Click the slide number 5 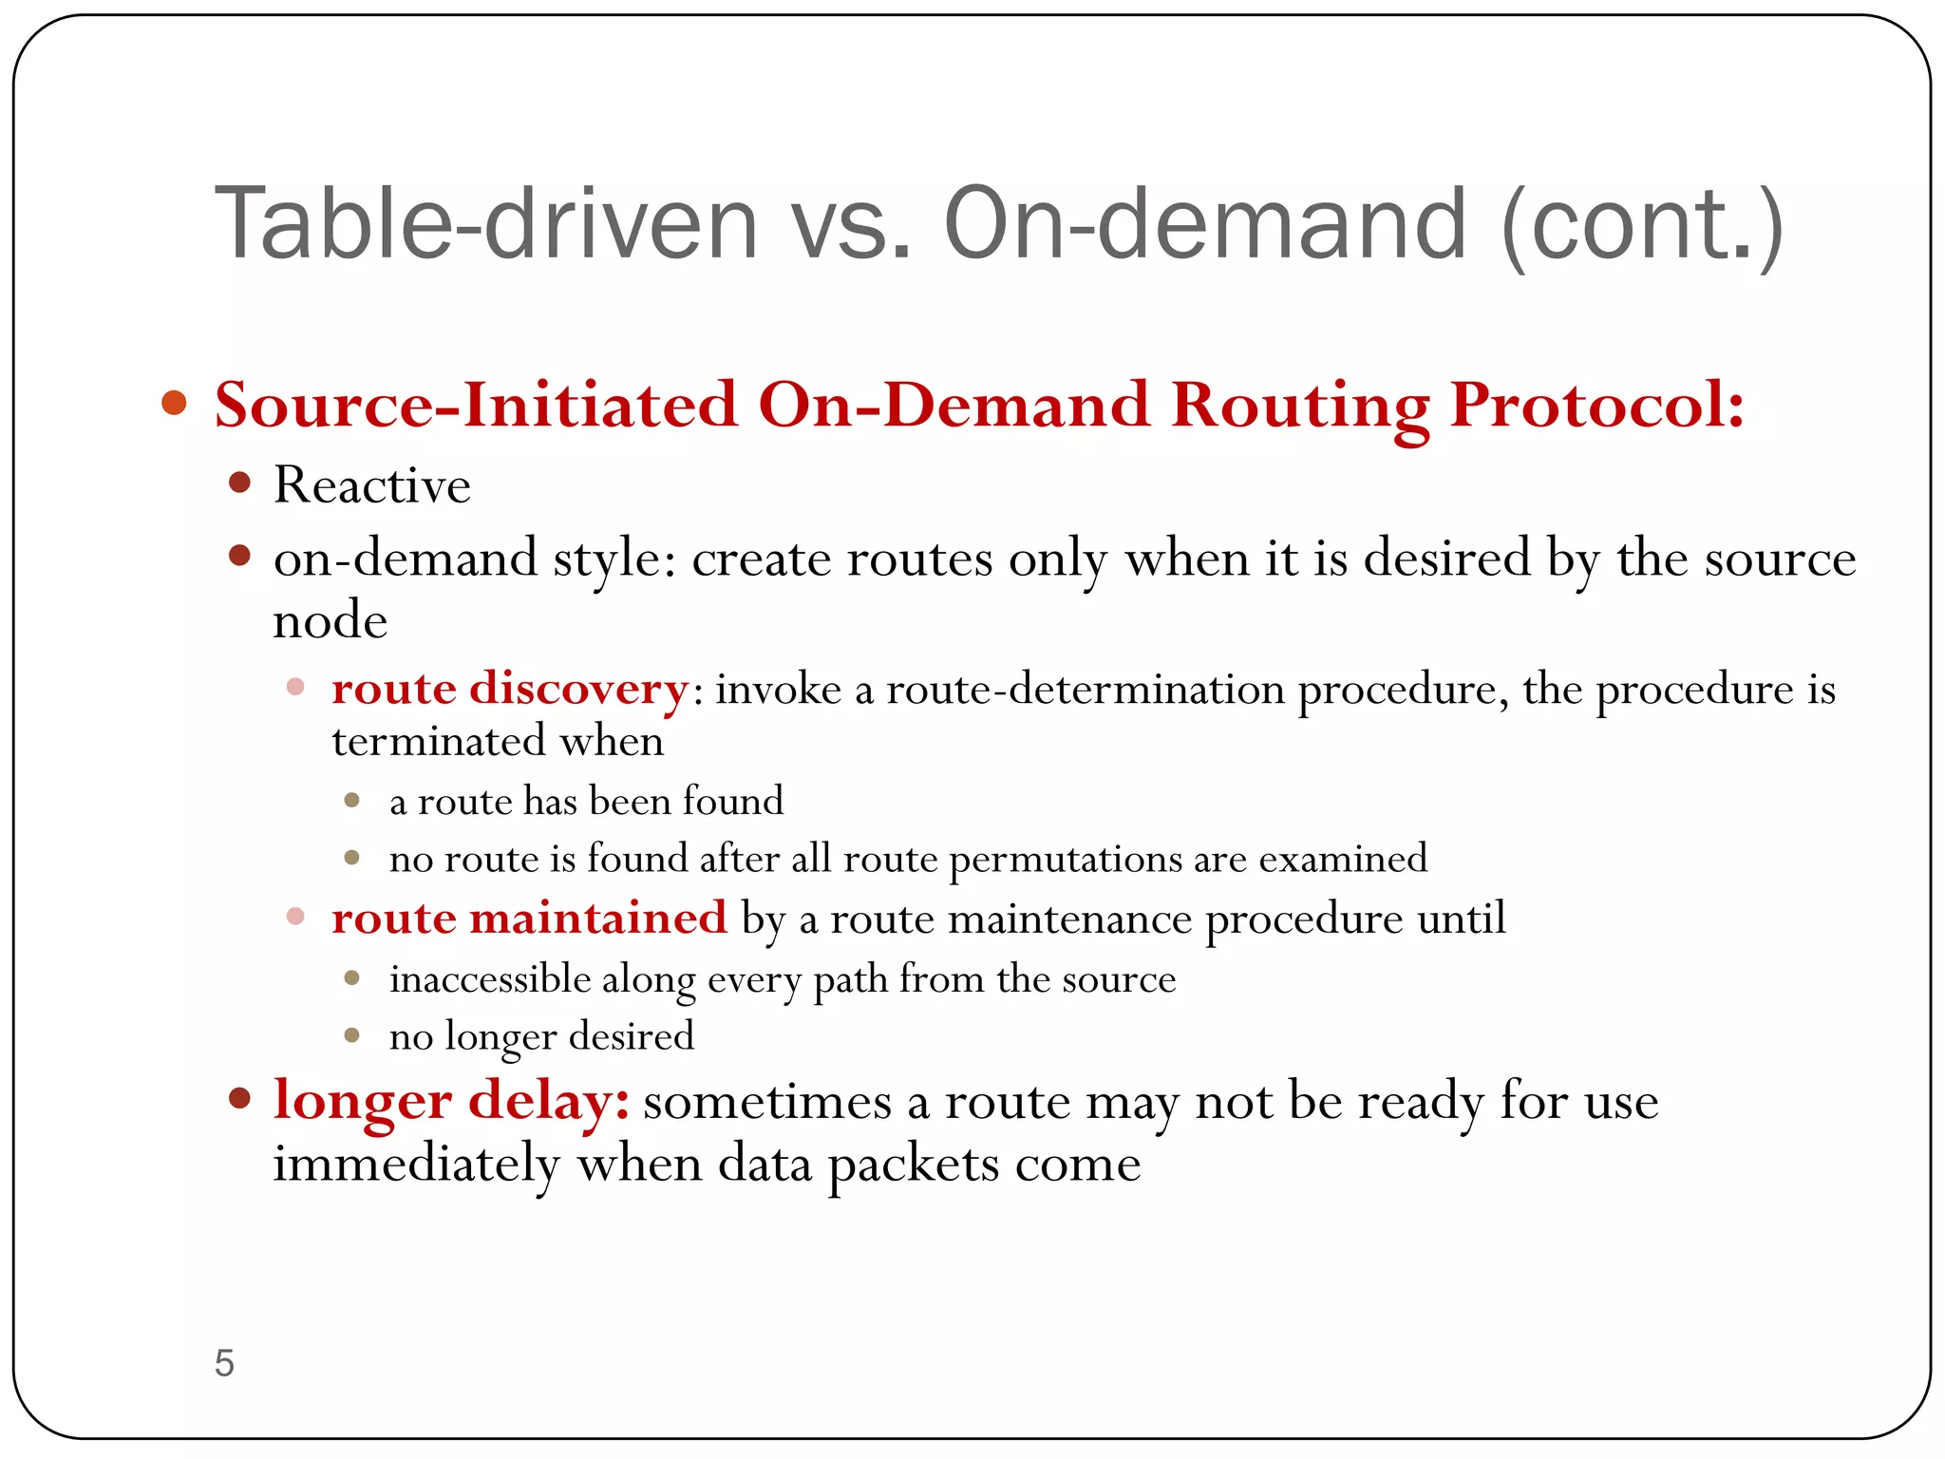(224, 1363)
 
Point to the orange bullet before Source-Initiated (175, 403)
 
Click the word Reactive (371, 485)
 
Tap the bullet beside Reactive (239, 483)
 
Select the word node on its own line (330, 621)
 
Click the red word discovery (578, 688)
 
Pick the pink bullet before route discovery (295, 686)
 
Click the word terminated (438, 741)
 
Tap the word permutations (1065, 860)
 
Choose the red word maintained (597, 919)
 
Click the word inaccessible (490, 979)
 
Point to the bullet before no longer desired (351, 1035)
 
